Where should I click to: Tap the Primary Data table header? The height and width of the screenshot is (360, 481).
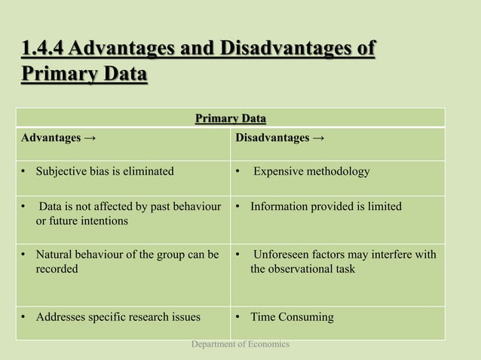coord(231,118)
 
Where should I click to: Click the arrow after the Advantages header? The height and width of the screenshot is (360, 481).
coord(90,139)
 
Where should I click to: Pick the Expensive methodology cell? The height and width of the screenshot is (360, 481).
coord(311,172)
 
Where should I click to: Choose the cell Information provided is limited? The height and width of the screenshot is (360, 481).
coord(326,206)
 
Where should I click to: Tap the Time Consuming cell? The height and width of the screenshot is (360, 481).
coord(291,317)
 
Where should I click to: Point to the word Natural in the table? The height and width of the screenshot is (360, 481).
coord(56,255)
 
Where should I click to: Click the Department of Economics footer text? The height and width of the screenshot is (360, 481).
coord(240,344)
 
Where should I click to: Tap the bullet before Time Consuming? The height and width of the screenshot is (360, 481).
coord(239,317)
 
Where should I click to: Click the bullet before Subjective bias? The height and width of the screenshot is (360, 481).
coord(24,172)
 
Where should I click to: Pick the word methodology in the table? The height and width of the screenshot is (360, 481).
coord(337,172)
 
